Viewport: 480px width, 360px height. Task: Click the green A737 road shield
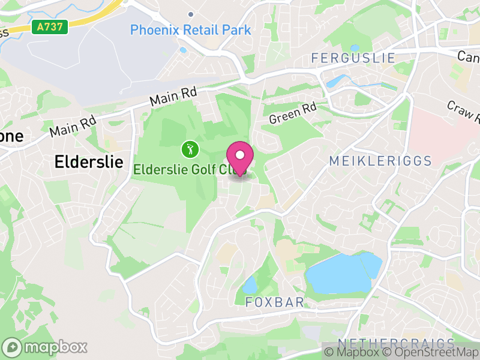point(50,27)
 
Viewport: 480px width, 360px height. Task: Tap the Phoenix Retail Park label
point(190,29)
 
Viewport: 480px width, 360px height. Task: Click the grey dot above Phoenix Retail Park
point(191,14)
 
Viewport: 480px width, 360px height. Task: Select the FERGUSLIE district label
point(353,58)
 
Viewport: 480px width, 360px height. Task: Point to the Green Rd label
point(292,112)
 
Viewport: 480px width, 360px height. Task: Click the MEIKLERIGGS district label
point(380,161)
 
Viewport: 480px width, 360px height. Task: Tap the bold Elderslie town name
point(89,161)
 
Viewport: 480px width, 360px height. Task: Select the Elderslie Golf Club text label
point(180,170)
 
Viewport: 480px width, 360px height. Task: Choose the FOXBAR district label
point(275,302)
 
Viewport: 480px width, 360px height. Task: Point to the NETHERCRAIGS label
point(396,343)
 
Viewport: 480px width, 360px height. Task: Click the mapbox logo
point(45,347)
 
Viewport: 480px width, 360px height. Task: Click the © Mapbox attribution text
point(353,352)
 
